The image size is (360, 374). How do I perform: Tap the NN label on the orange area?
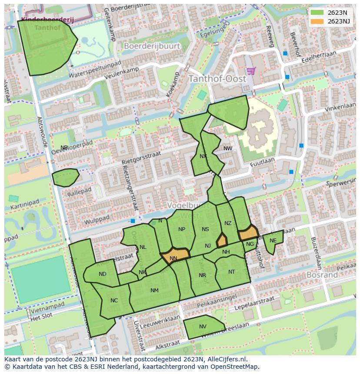[x=173, y=258]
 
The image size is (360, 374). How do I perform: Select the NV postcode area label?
[x=203, y=327]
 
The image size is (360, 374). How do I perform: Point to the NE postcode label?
[x=273, y=241]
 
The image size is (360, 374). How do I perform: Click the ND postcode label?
[x=103, y=274]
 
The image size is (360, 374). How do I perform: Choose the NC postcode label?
[x=114, y=301]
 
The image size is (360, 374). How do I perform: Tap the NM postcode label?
[x=154, y=291]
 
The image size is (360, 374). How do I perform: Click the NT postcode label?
[x=232, y=272]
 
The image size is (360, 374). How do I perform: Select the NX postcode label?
[x=203, y=156]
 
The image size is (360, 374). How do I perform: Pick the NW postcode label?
[x=228, y=149]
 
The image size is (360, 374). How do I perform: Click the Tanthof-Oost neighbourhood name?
[x=217, y=79]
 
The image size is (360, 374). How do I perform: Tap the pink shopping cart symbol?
[x=250, y=70]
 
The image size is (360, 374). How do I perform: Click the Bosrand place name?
[x=322, y=275]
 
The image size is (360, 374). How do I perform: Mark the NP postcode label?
[x=182, y=229]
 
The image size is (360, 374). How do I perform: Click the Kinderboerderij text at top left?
[x=47, y=20]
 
